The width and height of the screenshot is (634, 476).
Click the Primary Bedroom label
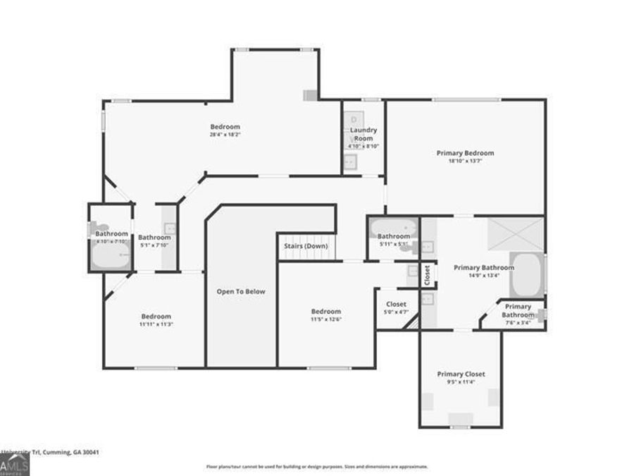[x=465, y=153]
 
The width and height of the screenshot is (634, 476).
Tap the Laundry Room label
[x=363, y=134]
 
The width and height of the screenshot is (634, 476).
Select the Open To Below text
[x=241, y=291]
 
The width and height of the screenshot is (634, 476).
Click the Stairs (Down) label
[x=306, y=246]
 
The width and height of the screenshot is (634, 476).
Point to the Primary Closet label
[x=461, y=374]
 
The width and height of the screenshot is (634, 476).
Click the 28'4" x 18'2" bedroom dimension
[x=225, y=135]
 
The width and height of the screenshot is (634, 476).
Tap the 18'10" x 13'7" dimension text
[x=465, y=161]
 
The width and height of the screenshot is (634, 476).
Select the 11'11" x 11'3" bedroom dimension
[x=156, y=324]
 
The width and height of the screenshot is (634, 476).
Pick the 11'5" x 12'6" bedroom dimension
[x=326, y=319]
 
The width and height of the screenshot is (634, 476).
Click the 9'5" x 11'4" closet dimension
[x=461, y=382]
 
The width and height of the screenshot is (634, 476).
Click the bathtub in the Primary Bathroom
[x=526, y=276]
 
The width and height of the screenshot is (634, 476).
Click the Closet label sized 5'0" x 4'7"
[x=396, y=308]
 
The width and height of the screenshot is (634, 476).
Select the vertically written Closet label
[x=427, y=274]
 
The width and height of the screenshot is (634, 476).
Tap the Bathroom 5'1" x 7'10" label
[x=154, y=241]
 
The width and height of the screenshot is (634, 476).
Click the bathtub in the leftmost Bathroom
[x=111, y=255]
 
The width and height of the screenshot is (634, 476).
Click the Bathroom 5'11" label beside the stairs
[x=393, y=239]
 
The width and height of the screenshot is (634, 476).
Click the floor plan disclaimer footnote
[x=316, y=467]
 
